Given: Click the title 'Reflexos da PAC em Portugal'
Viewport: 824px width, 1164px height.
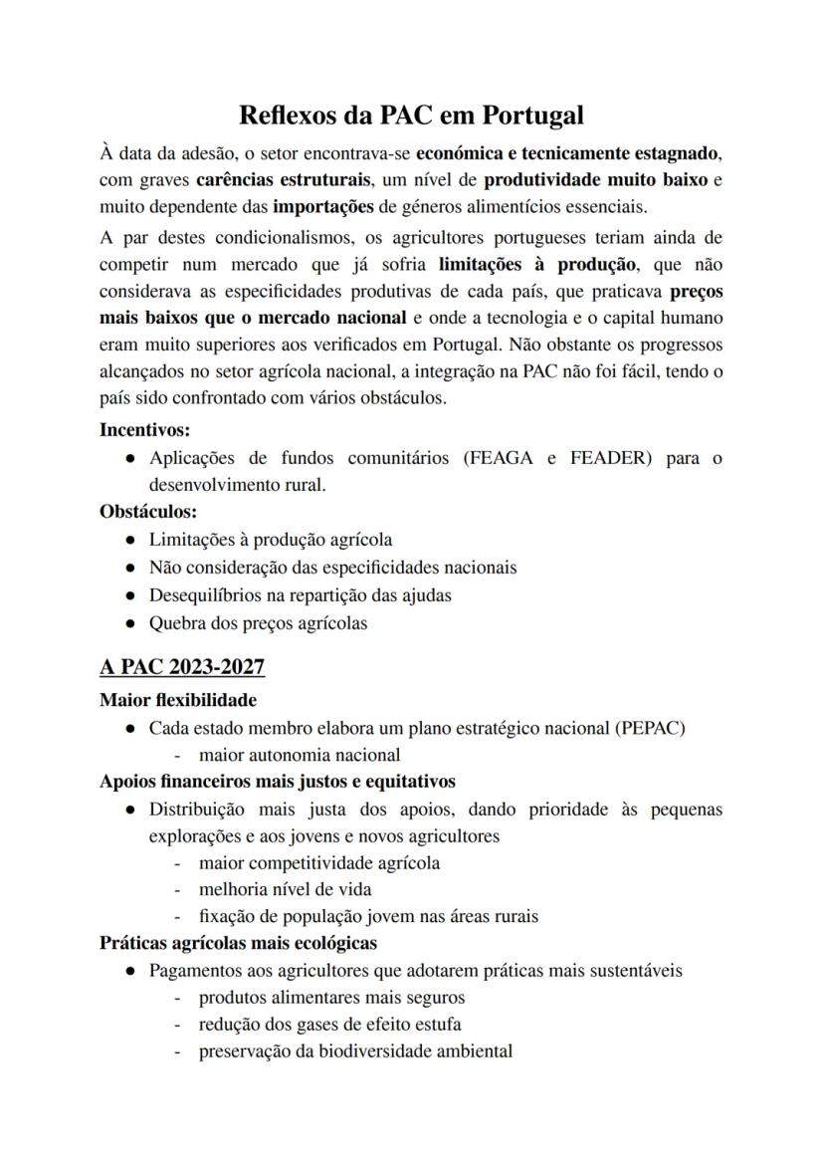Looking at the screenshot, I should pos(411,115).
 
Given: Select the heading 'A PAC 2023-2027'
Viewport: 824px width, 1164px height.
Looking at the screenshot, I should pos(182,666).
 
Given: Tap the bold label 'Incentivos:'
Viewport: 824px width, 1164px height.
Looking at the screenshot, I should pos(145,431).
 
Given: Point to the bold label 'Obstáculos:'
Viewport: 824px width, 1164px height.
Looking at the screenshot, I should pos(148,512).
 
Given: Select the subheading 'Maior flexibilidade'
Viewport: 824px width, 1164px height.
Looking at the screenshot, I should pos(178,700).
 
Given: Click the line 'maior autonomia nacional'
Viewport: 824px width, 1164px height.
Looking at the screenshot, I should pos(300,755).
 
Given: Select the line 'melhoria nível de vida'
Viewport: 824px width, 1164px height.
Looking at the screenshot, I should pos(286,889).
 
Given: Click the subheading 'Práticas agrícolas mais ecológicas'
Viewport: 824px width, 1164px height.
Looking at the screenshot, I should pos(238,943).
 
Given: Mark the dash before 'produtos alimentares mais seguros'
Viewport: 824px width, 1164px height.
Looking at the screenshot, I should pos(177,998).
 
